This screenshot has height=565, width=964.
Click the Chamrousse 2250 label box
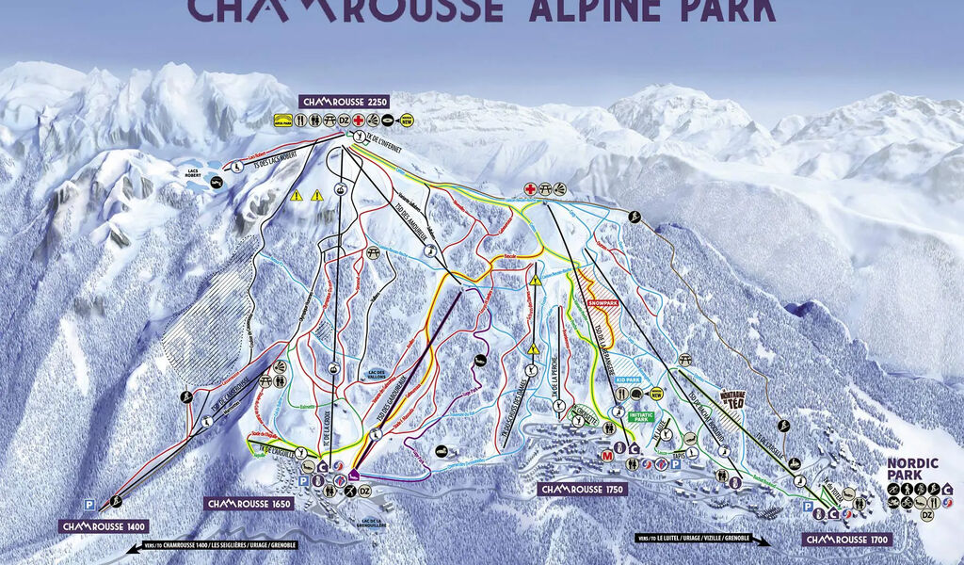click(x=344, y=101)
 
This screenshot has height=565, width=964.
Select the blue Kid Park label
click(x=628, y=381)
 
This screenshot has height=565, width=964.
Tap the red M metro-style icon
click(x=606, y=457)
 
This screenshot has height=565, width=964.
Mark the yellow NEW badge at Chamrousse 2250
click(x=408, y=121)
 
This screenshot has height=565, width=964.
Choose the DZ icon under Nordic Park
click(x=927, y=515)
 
